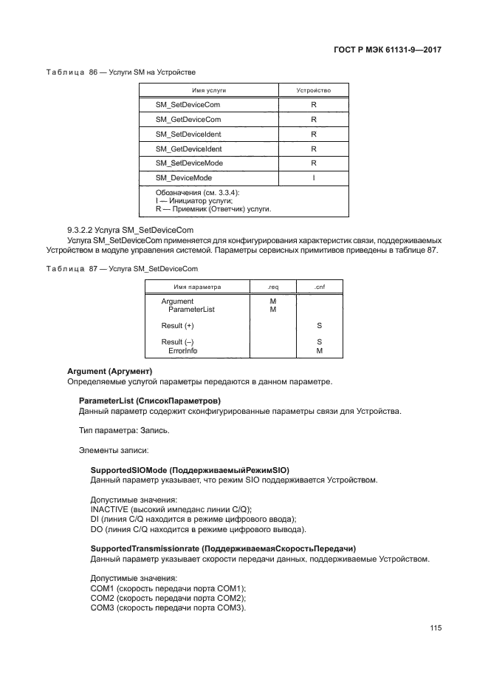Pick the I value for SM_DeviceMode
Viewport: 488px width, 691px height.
[x=313, y=177]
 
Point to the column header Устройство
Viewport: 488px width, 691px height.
[x=313, y=89]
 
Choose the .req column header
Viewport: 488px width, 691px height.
[x=272, y=286]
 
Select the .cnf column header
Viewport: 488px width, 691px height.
[x=319, y=286]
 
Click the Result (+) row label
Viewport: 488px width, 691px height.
[x=177, y=326]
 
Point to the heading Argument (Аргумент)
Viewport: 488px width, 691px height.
[x=109, y=371]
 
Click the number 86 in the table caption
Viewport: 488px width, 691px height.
[x=93, y=71]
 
